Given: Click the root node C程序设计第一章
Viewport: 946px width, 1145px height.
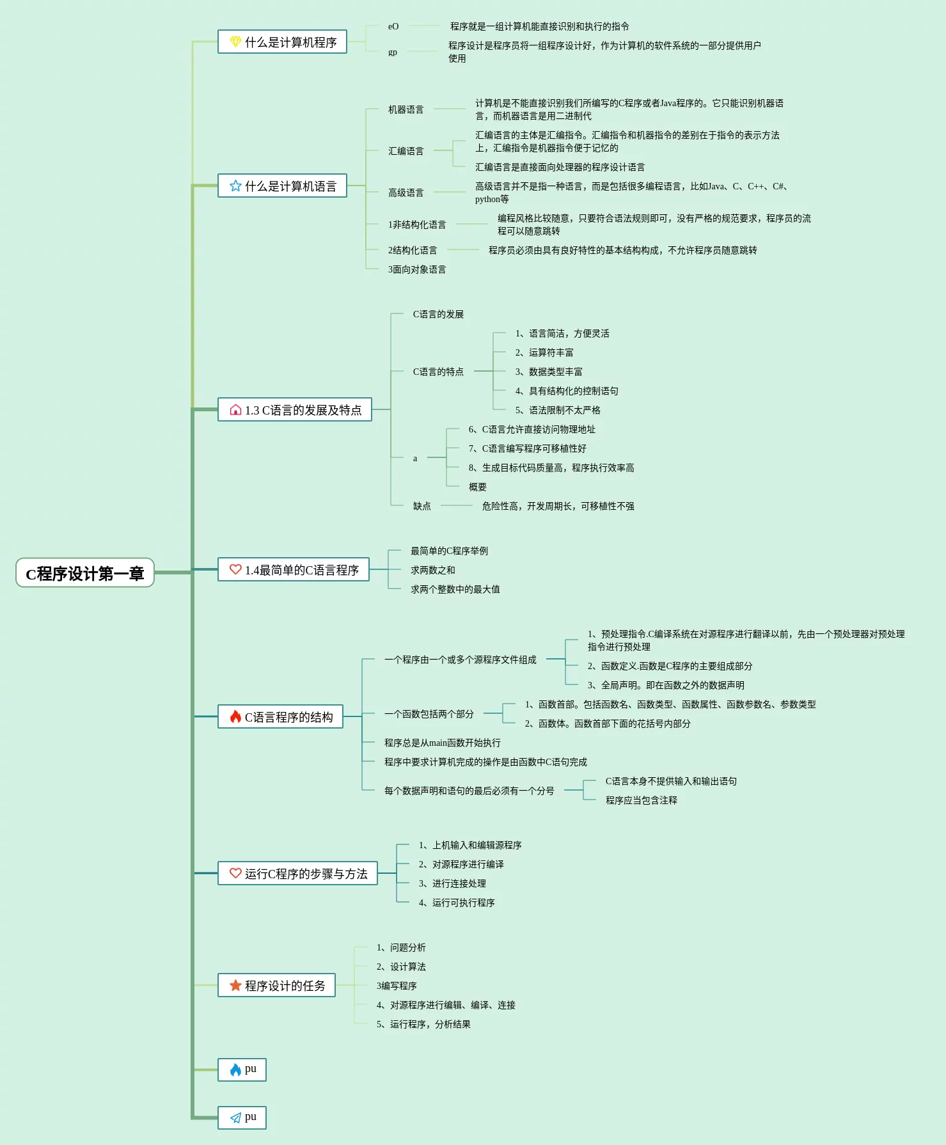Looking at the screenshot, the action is pos(85,573).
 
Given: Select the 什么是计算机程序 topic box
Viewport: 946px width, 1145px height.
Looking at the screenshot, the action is pos(282,42).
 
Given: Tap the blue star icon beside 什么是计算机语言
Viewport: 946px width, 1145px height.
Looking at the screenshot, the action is pos(235,186).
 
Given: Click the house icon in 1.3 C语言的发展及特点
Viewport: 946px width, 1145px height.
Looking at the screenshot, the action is pos(235,410).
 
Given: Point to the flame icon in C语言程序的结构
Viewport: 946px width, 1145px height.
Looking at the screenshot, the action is pos(235,716).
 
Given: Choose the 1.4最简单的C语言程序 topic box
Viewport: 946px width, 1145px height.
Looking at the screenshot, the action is pos(294,569).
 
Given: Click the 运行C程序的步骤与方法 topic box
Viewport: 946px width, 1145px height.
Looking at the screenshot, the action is pos(297,873).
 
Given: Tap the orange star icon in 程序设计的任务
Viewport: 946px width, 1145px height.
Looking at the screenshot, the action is pos(235,985).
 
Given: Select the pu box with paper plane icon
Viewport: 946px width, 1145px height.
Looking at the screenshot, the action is pos(242,1117).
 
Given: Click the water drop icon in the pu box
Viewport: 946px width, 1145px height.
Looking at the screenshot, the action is pos(235,1070).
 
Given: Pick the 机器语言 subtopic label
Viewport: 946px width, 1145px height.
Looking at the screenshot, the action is pos(406,109).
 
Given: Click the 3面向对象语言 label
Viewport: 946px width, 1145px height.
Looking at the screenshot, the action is pos(417,269).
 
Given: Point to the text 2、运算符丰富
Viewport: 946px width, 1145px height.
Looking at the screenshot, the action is pos(544,352).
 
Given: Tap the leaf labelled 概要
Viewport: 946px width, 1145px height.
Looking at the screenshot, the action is pos(477,487).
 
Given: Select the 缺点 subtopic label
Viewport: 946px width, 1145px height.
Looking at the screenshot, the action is pos(422,506).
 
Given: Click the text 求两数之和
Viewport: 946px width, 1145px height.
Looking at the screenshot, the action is pos(432,570).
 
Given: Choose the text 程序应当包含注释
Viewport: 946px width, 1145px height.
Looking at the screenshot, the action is pos(641,800).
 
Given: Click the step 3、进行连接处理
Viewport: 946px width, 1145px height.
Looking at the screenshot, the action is pos(452,883).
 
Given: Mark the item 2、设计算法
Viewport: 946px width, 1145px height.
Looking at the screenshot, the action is pos(401,967).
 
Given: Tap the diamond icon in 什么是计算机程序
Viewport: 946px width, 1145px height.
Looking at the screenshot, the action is pos(235,42).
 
